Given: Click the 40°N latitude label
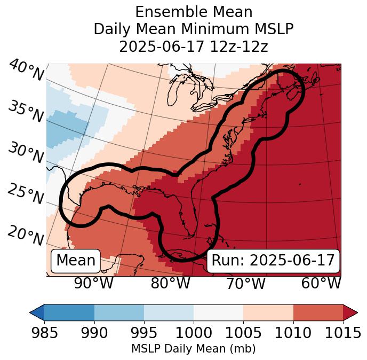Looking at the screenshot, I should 26,71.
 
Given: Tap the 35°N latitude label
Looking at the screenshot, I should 26,112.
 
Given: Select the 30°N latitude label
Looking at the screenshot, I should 26,153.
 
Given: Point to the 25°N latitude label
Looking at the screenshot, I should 26,194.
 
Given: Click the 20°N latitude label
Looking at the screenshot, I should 26,235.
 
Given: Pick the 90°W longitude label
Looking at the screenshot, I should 93,283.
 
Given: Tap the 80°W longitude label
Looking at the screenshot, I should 170,283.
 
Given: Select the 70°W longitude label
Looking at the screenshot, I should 245,283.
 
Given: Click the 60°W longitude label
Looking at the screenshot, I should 321,283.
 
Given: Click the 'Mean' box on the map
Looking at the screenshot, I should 76,261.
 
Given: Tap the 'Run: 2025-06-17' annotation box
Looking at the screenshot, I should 273,261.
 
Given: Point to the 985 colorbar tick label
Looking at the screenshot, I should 44,333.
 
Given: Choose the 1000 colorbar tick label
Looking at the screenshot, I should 194,333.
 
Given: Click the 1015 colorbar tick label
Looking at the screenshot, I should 342,333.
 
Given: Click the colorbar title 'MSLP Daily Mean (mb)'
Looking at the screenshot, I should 193,349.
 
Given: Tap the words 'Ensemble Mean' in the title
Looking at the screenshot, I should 194,12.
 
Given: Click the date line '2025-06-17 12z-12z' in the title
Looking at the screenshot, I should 194,46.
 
